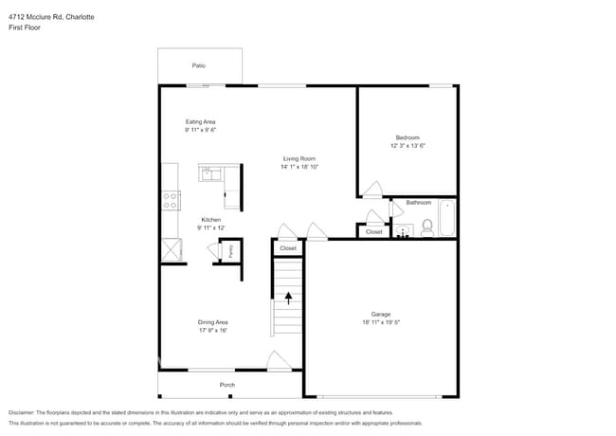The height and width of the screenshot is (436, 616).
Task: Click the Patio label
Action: [199, 65]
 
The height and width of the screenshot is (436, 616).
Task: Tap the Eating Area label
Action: [200, 122]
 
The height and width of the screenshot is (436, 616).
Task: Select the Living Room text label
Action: [299, 158]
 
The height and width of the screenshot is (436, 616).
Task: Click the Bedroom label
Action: [408, 137]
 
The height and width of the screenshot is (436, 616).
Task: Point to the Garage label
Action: [381, 314]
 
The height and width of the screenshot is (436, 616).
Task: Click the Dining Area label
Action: [212, 322]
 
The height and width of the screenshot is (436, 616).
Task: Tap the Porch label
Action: [227, 385]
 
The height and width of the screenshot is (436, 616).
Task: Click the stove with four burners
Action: [172, 200]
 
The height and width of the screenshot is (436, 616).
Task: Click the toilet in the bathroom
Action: [427, 227]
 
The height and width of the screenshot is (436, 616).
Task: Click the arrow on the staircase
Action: [289, 298]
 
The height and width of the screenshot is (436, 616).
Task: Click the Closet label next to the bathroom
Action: [373, 231]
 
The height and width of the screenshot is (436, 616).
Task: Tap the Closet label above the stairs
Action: [288, 248]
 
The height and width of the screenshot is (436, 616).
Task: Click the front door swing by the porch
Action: [278, 360]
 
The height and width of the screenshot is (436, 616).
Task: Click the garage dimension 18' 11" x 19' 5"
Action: [381, 322]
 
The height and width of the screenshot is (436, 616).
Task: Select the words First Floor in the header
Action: [25, 27]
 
